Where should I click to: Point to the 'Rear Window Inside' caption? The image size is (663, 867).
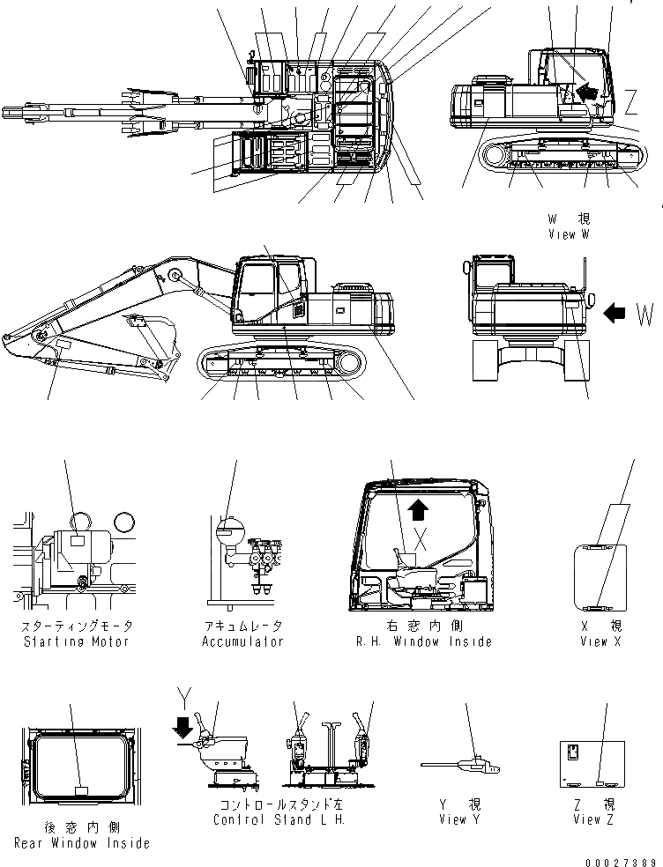coord(81,843)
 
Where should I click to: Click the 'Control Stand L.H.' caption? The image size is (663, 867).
coord(279,819)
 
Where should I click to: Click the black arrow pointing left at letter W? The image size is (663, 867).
coord(618,311)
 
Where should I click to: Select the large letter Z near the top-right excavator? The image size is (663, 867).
coord(630,103)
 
